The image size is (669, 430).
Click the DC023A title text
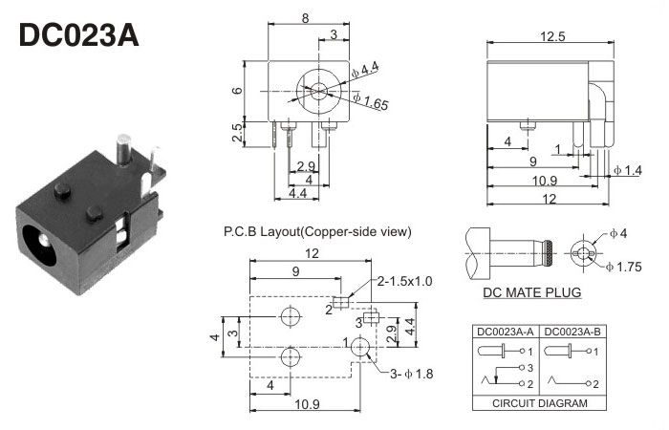[79, 35]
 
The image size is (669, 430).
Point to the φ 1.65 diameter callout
[371, 101]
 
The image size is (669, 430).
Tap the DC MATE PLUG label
[532, 292]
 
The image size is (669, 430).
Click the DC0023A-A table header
[507, 332]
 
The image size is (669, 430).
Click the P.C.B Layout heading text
[317, 231]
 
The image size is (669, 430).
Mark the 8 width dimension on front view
[305, 16]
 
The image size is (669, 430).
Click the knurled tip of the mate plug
[550, 253]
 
